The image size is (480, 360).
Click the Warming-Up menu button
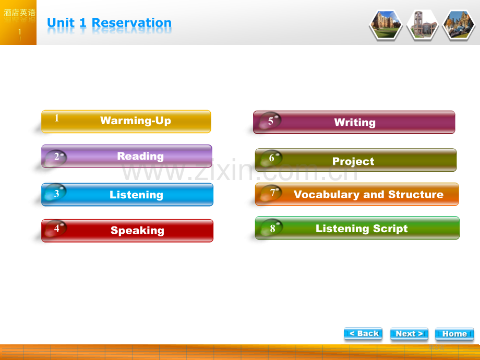126,122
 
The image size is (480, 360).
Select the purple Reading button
127,156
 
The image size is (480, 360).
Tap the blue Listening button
127,195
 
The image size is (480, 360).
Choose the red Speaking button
127,231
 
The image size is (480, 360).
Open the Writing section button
354,122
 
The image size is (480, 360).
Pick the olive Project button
356,160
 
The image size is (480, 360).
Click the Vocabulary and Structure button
357,194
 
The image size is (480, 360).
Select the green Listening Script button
357,228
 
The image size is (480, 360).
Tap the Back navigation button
363,334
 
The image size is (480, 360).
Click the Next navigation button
409,334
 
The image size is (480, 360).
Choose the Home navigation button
454,334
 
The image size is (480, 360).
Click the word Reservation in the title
131,23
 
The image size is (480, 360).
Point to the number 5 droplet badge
270,121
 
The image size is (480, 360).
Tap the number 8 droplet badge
272,228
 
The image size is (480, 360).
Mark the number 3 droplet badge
55,193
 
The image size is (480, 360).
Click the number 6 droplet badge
271,158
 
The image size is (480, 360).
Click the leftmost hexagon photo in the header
386,25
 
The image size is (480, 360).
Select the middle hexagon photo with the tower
423,25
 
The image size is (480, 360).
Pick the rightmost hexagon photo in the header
459,25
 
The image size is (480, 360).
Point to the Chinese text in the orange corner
19,13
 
